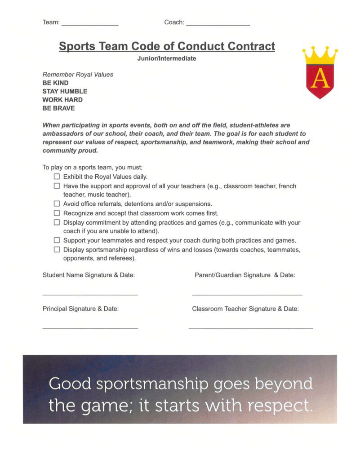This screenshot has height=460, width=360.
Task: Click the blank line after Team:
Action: tap(89, 24)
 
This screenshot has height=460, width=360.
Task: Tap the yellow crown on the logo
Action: tap(320, 55)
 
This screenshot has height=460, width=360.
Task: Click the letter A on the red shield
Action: tap(320, 79)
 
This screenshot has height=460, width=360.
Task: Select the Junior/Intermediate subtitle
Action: tap(167, 58)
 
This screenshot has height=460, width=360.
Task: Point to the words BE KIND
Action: tap(55, 83)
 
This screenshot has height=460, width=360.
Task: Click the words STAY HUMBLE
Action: tap(65, 91)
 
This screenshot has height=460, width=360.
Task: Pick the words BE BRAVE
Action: tap(58, 108)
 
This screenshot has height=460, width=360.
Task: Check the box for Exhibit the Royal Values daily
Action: tap(57, 177)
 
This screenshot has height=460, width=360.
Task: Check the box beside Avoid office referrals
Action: tap(57, 204)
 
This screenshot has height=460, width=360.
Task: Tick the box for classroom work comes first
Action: tap(57, 213)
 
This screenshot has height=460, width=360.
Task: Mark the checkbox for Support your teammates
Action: tap(57, 240)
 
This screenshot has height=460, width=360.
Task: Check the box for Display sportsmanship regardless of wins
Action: tap(57, 249)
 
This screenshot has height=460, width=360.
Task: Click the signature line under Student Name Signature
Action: tap(90, 294)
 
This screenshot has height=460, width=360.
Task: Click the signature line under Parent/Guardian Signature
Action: tap(247, 294)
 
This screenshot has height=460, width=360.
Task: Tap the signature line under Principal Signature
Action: tap(90, 328)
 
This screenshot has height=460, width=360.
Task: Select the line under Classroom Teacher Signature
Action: tap(250, 328)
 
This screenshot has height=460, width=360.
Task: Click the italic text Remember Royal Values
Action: tap(78, 75)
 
